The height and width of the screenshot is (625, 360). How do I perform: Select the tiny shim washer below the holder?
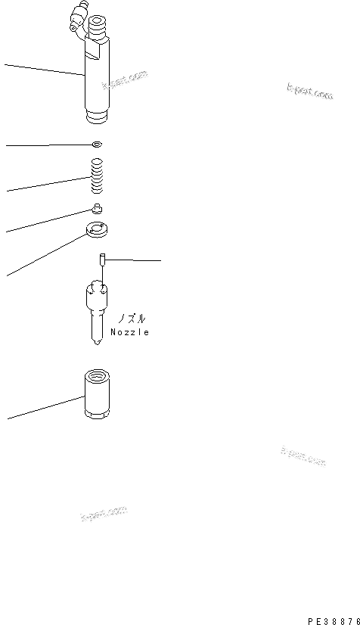click(95, 143)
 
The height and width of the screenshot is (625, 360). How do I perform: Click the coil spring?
click(95, 176)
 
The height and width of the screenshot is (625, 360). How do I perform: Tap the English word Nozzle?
click(129, 332)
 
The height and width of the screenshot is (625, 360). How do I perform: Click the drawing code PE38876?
click(333, 617)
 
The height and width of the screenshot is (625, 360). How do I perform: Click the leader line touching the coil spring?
click(45, 183)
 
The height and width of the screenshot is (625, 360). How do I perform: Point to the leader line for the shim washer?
click(45, 144)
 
